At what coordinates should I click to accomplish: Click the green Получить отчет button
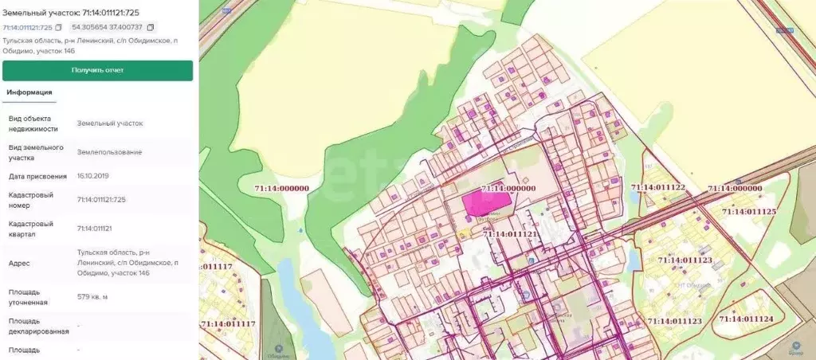click(97, 70)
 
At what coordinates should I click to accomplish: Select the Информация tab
click(29, 92)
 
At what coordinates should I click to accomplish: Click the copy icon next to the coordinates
click(151, 27)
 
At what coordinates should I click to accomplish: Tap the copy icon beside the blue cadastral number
click(58, 27)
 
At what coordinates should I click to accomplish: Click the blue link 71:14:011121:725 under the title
click(27, 27)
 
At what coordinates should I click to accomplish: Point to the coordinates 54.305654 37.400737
click(107, 27)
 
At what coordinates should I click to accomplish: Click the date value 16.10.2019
click(92, 175)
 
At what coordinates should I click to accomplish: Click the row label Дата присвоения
click(37, 175)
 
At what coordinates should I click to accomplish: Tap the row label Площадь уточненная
click(29, 297)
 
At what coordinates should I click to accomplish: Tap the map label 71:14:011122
click(658, 187)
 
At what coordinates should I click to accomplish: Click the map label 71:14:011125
click(748, 212)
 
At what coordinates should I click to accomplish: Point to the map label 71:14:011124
click(746, 319)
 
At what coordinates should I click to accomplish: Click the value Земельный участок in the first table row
click(110, 123)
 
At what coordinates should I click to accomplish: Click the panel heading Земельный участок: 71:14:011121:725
click(76, 12)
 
